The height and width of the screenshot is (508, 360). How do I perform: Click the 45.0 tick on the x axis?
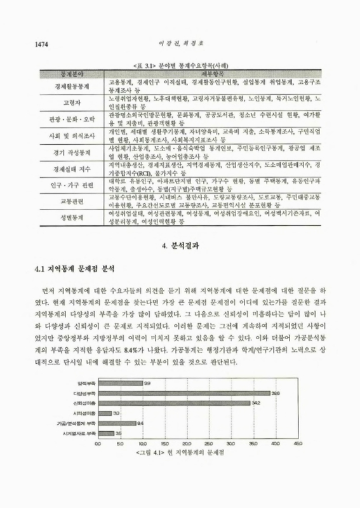coord(295,444)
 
